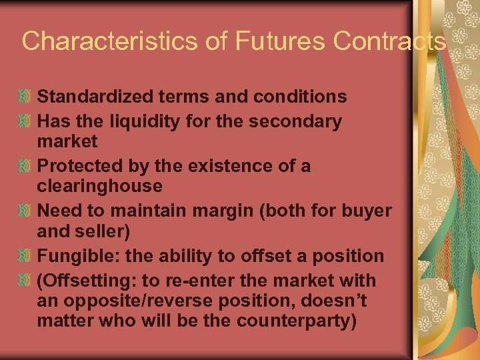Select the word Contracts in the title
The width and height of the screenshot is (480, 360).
pos(390,41)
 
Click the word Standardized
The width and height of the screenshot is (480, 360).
pos(96,97)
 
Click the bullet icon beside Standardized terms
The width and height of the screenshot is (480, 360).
pos(25,97)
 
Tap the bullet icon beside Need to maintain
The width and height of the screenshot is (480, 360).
pos(25,211)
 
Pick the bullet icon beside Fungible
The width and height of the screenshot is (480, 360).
pos(25,256)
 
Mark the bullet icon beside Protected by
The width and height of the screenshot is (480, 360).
pos(25,166)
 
